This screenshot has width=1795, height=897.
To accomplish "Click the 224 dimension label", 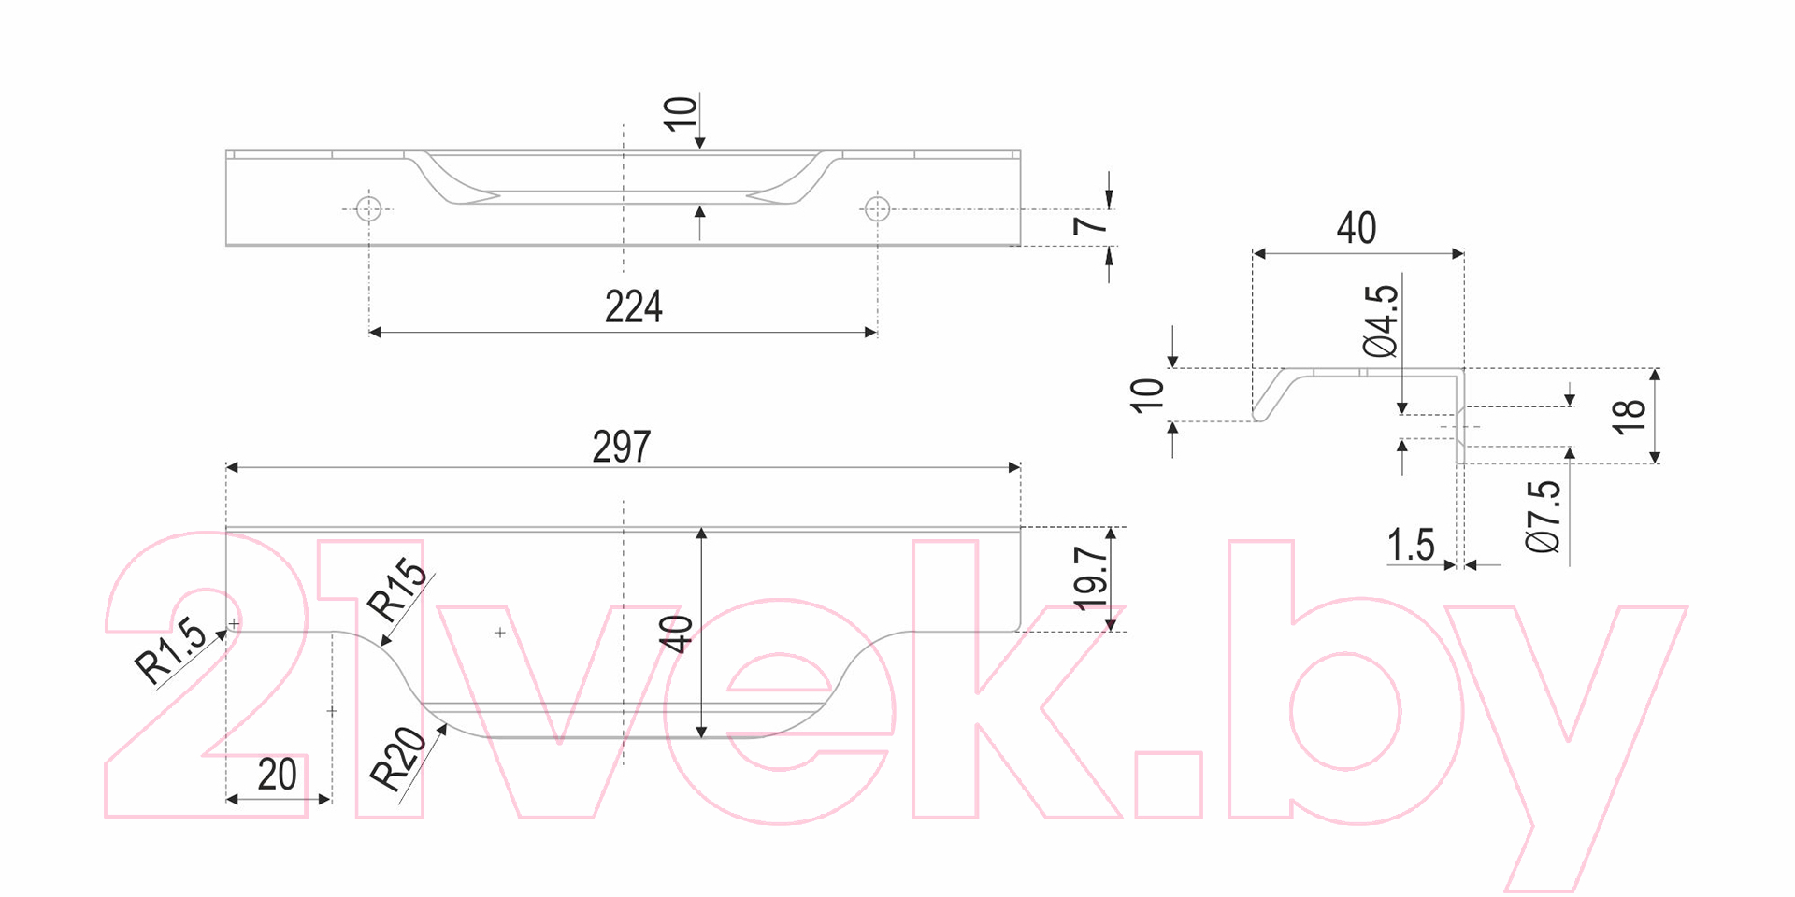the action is [x=633, y=306].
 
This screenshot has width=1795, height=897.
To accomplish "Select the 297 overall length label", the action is [x=621, y=447].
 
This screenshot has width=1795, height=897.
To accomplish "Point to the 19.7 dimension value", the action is [x=1090, y=578].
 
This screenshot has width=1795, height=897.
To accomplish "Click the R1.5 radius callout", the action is [x=170, y=649].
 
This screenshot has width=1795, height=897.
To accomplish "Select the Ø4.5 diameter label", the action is [x=1381, y=321].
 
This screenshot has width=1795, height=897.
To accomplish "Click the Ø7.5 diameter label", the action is [x=1544, y=517].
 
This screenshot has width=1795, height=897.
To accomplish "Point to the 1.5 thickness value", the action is [x=1411, y=545].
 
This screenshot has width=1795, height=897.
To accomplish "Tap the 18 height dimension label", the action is [x=1629, y=416].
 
